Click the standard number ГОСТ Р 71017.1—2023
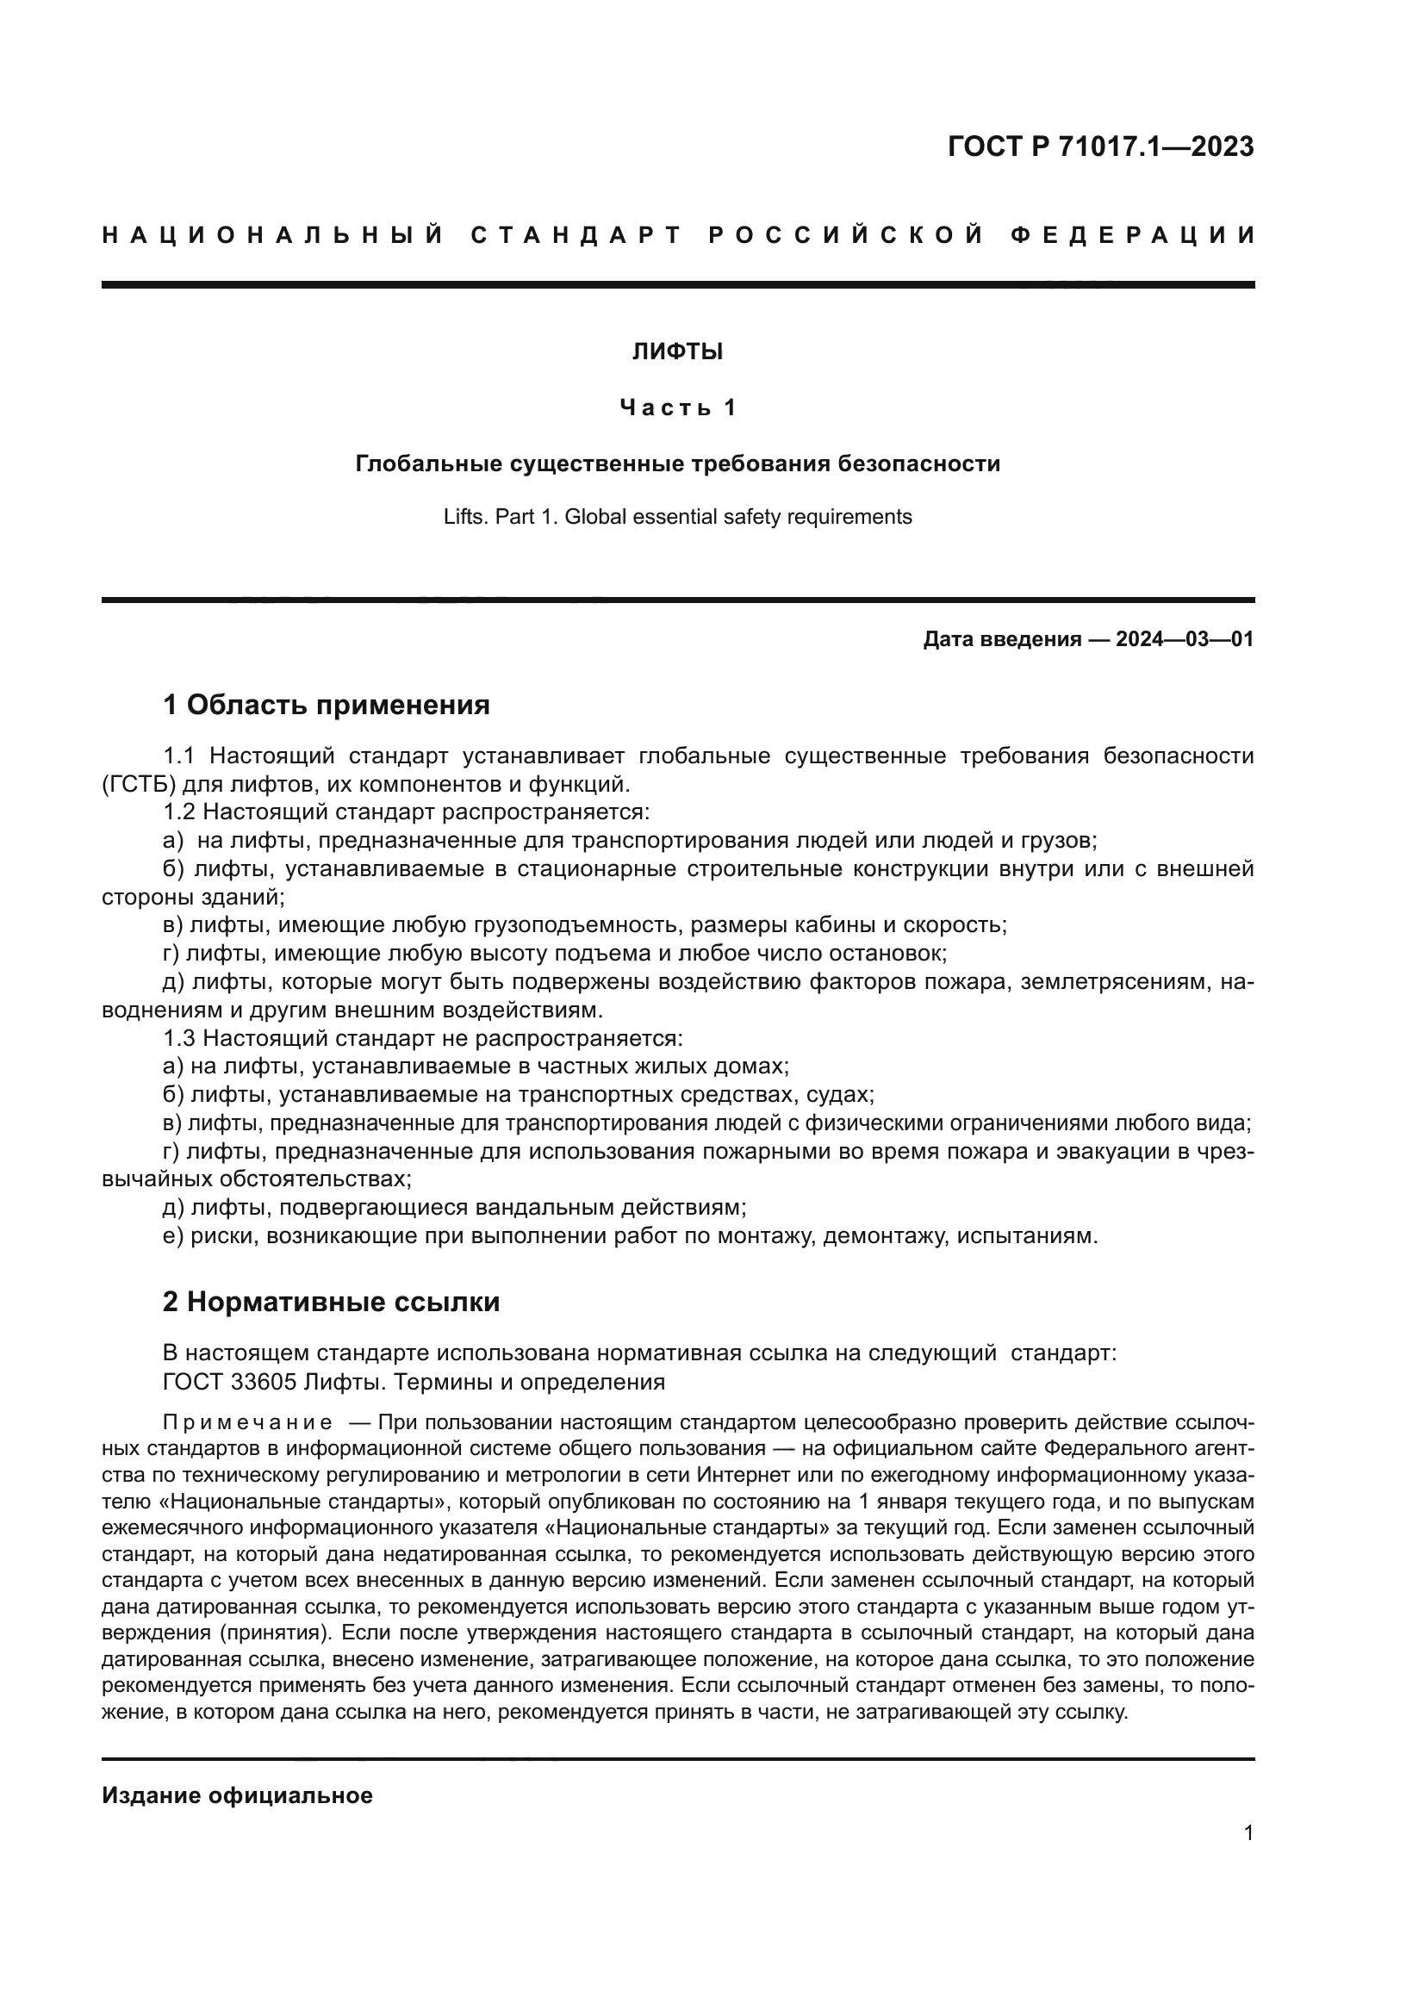click(1100, 146)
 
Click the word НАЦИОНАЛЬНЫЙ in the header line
click(273, 235)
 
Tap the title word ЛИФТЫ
click(677, 352)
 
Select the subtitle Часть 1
click(677, 407)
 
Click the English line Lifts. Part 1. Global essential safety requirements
click(677, 517)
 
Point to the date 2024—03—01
click(1185, 639)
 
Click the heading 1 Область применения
click(326, 705)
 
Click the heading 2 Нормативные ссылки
click(331, 1302)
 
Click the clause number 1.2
click(180, 812)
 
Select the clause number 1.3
click(180, 1038)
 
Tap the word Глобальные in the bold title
click(429, 463)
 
